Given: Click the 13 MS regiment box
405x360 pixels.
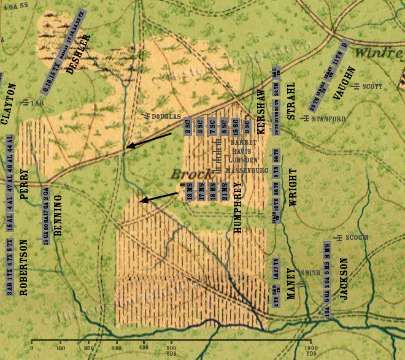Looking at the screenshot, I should coord(190,192).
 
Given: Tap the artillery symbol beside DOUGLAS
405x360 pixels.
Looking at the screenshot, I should coord(146,115).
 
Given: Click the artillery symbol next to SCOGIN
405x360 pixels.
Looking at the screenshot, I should coord(338,237).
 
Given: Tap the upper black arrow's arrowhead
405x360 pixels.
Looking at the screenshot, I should coord(126,147).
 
